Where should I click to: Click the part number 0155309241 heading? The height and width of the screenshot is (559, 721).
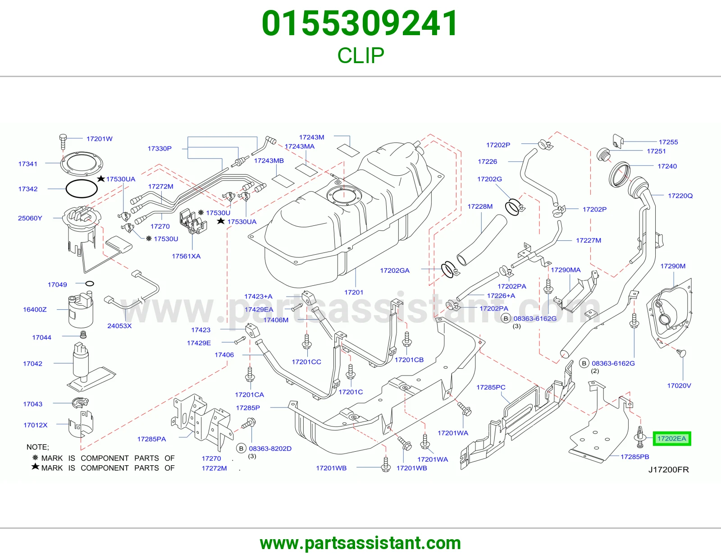pyautogui.click(x=360, y=23)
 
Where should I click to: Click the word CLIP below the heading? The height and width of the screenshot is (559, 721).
pyautogui.click(x=360, y=55)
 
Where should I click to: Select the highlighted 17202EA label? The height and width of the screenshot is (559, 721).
pyautogui.click(x=671, y=439)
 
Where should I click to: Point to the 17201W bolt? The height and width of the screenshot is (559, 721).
pyautogui.click(x=63, y=142)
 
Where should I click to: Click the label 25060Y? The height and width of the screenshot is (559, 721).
pyautogui.click(x=30, y=218)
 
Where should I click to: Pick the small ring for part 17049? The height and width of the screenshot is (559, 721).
pyautogui.click(x=90, y=284)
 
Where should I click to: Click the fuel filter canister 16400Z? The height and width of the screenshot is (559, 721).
pyautogui.click(x=80, y=310)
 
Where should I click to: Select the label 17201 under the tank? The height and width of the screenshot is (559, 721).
pyautogui.click(x=354, y=292)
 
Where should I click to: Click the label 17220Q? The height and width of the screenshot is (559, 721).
pyautogui.click(x=680, y=196)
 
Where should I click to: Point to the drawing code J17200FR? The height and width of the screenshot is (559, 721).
pyautogui.click(x=669, y=470)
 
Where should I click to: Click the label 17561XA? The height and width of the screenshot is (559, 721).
pyautogui.click(x=186, y=256)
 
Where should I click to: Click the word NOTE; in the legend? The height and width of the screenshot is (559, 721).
pyautogui.click(x=38, y=447)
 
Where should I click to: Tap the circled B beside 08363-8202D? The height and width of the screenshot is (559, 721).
pyautogui.click(x=241, y=449)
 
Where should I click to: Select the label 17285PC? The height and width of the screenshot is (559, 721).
pyautogui.click(x=491, y=387)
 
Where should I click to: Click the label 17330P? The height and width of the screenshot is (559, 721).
pyautogui.click(x=160, y=148)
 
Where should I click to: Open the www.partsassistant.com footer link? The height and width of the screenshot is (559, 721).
pyautogui.click(x=360, y=543)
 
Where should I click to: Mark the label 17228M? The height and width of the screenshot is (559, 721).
pyautogui.click(x=480, y=206)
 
